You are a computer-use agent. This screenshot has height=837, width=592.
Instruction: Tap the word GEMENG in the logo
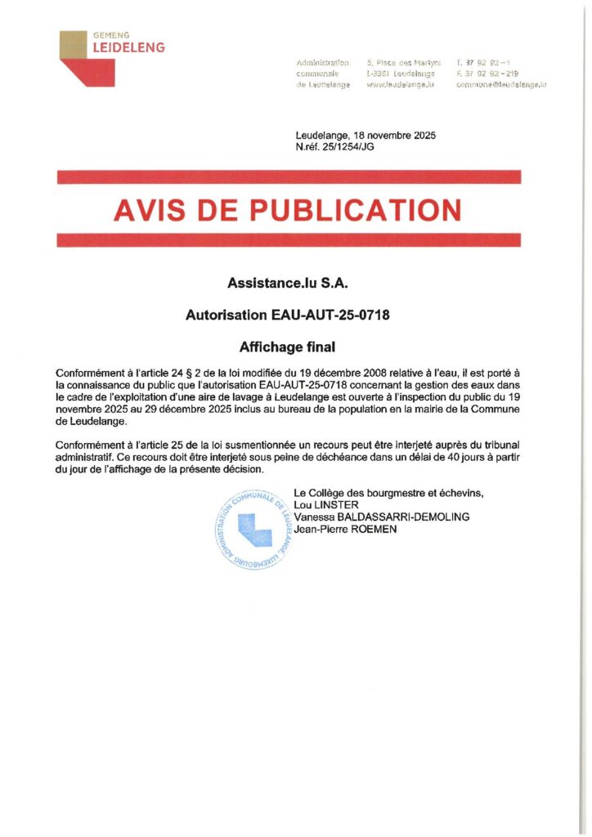(x=113, y=35)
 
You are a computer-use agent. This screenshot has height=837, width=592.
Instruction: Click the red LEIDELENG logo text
(x=129, y=47)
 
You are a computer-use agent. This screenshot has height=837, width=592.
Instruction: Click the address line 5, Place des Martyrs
(x=404, y=63)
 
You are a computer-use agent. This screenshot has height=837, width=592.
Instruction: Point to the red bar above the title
(x=289, y=177)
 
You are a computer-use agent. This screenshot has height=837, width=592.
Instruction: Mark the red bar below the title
(x=289, y=240)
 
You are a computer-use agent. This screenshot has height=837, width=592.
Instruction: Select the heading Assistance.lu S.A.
(x=289, y=284)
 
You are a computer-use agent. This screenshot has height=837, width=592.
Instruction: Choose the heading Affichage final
(x=289, y=347)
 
